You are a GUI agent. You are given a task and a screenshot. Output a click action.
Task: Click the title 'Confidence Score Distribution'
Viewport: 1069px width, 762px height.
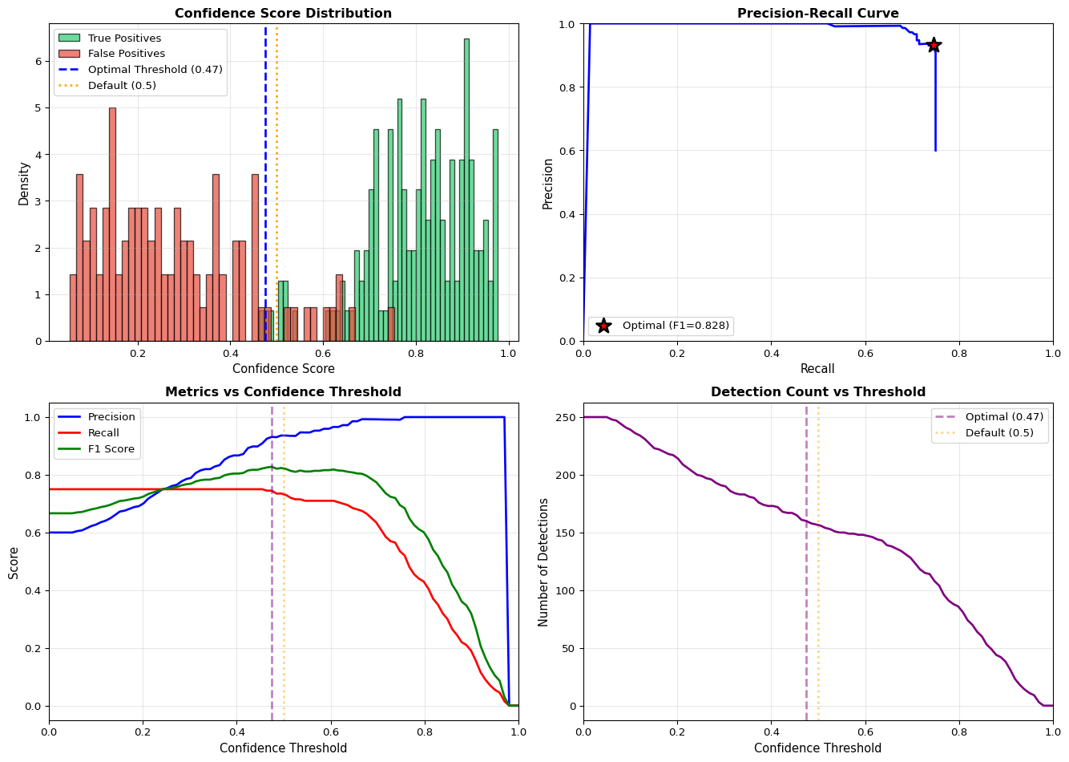283,14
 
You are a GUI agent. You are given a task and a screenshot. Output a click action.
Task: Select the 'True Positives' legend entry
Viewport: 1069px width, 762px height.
124,39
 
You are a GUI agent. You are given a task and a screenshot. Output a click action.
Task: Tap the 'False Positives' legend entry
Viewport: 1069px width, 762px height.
126,54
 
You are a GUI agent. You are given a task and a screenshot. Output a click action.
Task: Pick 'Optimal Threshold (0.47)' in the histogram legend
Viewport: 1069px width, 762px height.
155,70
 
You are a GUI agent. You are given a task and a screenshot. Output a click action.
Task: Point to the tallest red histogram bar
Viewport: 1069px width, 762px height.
112,224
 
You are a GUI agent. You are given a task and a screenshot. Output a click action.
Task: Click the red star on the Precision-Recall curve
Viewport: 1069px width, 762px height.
933,45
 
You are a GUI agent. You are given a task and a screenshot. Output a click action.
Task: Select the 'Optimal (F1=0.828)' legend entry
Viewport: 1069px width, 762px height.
676,326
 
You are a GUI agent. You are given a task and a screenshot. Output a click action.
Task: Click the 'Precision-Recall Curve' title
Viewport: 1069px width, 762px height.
817,14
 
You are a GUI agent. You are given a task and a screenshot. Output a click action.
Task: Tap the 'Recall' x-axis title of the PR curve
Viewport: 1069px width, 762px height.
817,369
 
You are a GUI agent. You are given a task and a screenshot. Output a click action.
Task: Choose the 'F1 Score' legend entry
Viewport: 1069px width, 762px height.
109,449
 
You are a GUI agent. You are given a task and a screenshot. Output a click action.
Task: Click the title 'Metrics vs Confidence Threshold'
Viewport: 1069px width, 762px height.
283,392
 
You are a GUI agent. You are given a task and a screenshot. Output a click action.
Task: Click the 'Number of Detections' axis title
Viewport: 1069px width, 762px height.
544,561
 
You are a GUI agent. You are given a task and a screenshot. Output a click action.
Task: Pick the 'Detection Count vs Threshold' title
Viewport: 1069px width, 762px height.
817,392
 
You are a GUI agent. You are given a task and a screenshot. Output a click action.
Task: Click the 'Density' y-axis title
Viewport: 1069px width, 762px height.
24,183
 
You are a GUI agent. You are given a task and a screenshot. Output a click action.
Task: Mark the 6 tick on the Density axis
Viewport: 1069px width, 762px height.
38,61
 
